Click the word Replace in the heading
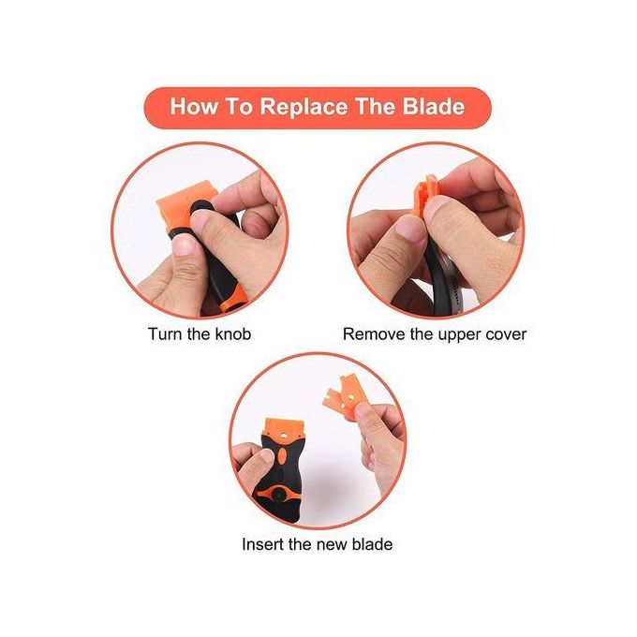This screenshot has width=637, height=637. click(x=304, y=107)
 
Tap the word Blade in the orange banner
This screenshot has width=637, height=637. click(x=434, y=106)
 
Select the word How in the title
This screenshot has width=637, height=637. click(x=193, y=107)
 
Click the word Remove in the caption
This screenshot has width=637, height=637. click(x=374, y=333)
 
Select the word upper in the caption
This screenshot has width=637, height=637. click(x=457, y=335)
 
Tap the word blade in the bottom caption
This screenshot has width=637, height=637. click(x=373, y=544)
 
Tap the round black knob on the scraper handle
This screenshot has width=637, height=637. click(x=279, y=495)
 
